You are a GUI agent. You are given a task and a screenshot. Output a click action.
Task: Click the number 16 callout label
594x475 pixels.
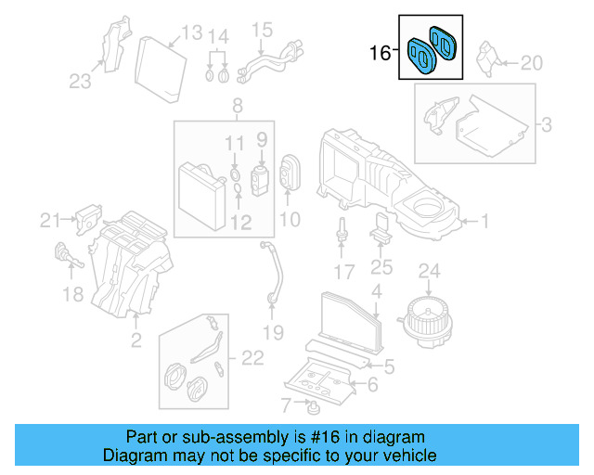tap(381, 53)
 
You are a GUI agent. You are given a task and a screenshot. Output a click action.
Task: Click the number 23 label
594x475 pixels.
tap(81, 82)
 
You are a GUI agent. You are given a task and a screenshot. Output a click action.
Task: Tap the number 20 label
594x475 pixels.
tap(530, 63)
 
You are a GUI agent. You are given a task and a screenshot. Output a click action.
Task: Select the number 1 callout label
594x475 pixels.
tap(483, 221)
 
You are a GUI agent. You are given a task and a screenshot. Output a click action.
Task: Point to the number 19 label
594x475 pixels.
tap(273, 331)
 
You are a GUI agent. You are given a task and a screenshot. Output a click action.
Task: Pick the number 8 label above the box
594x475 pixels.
tap(238, 105)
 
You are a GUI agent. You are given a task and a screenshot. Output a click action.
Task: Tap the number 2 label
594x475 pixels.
tap(136, 341)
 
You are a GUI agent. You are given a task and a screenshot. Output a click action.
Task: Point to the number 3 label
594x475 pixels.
tap(547, 123)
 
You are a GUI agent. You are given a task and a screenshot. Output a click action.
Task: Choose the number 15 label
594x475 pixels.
tap(262, 29)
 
